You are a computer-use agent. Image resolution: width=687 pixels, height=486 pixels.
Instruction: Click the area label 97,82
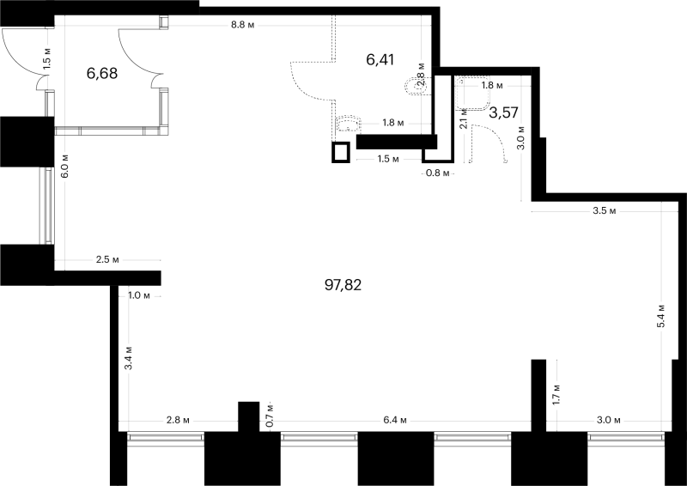tap(343, 285)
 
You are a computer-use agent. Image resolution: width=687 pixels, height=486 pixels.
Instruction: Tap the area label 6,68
tap(102, 73)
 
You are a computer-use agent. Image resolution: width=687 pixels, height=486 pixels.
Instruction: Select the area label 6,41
tap(380, 59)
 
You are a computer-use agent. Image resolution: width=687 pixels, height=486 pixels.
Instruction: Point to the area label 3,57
tap(504, 112)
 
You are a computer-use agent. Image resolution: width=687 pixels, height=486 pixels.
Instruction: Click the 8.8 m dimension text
tap(243, 25)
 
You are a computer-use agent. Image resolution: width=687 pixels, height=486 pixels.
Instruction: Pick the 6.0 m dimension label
tap(65, 166)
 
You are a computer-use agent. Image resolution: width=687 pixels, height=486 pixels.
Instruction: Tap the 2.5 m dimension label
tap(107, 260)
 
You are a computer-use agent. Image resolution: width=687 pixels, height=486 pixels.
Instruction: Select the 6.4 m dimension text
tap(395, 420)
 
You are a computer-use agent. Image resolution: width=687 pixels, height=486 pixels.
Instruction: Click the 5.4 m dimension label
tap(661, 315)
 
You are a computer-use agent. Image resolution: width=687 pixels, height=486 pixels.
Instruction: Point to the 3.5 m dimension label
tap(605, 210)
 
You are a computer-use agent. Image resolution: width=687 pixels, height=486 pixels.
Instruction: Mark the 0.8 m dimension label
tap(438, 173)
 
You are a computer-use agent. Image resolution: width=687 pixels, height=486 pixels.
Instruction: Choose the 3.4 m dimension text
tap(128, 357)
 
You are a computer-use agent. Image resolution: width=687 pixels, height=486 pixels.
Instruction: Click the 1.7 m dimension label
tap(556, 394)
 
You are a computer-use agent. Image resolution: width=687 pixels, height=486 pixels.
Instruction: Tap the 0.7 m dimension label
tap(270, 416)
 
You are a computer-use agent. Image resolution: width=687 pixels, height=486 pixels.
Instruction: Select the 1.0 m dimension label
tap(139, 295)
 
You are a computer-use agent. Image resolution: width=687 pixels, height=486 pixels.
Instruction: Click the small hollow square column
tap(341, 153)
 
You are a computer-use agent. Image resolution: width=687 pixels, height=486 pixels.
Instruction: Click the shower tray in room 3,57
tap(472, 94)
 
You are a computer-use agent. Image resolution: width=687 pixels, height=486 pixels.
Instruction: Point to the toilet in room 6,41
tap(416, 86)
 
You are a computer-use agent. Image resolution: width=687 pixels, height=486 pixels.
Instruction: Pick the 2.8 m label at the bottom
tap(178, 420)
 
